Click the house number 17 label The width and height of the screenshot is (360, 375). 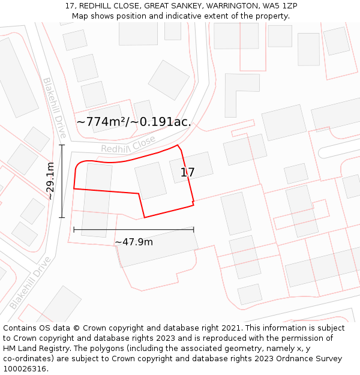coord(188,173)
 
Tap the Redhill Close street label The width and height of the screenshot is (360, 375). coord(128,145)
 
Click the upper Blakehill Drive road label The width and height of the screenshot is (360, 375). coord(54,108)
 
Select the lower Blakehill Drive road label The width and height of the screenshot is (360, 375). coord(30,282)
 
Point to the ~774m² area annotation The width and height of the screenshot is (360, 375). coord(134,122)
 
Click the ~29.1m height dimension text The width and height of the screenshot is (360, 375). coord(50,181)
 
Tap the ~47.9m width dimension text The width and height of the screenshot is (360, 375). coord(133,242)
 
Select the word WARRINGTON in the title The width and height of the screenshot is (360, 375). coord(227,6)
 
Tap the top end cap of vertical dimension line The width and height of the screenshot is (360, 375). coord(62,145)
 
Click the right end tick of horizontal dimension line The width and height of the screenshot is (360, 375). coord(193,229)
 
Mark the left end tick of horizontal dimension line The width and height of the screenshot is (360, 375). coord(74,229)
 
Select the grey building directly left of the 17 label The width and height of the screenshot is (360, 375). coord(151,180)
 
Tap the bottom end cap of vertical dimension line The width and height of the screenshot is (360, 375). coord(62,217)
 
